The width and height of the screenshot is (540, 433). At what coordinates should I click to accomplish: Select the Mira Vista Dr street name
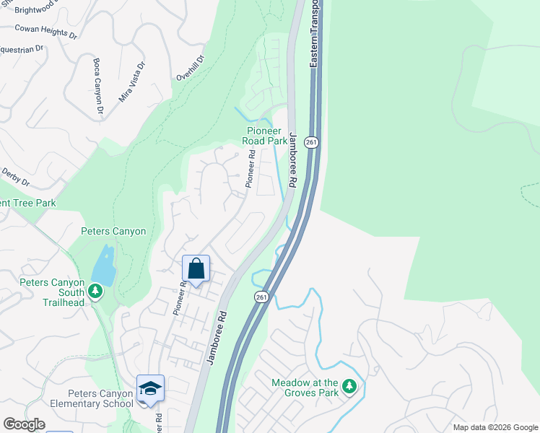(x=131, y=80)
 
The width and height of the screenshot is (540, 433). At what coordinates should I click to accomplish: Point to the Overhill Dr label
(x=191, y=68)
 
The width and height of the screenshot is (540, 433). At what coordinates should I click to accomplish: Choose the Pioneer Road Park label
(x=264, y=136)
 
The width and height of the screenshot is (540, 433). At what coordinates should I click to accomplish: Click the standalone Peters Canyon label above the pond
(x=113, y=232)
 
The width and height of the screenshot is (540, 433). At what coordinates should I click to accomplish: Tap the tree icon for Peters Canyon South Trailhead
(x=95, y=291)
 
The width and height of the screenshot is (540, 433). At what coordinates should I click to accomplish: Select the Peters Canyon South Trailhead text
(x=52, y=292)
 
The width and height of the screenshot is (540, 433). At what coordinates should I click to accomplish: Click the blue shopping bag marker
(x=196, y=269)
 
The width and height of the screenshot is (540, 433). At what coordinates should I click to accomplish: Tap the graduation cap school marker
(x=150, y=389)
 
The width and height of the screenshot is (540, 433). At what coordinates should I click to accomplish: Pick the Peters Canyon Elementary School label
(x=100, y=398)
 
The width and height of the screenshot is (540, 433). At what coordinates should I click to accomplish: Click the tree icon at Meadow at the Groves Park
(x=349, y=388)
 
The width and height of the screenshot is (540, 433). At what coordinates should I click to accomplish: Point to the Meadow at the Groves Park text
(x=305, y=388)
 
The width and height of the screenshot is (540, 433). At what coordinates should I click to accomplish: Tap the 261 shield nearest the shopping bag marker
(x=261, y=297)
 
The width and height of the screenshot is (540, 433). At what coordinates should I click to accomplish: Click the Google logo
(x=24, y=425)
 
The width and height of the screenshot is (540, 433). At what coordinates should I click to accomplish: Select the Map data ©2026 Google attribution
(x=495, y=427)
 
